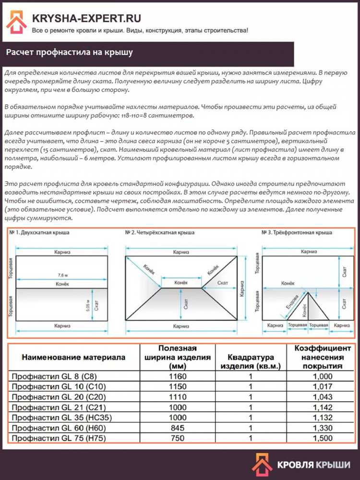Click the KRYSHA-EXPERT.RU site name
[x=86, y=18]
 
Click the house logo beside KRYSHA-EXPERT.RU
[x=17, y=23]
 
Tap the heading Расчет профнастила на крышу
[x=70, y=52]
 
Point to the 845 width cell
[x=178, y=428]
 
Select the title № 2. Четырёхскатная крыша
[x=160, y=233]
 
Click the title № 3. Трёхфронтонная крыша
[x=297, y=233]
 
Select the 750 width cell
[x=178, y=438]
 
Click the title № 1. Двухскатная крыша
[x=39, y=233]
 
